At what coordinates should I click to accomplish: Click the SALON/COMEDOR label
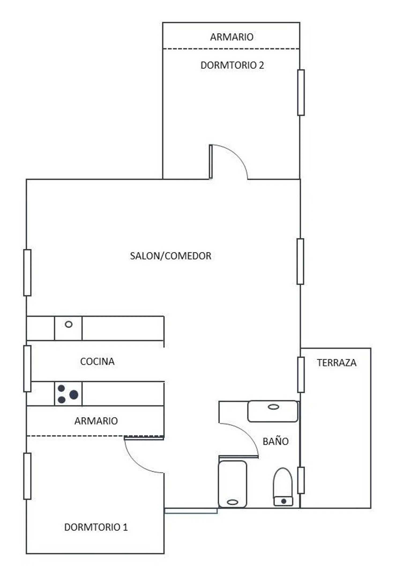click(x=171, y=256)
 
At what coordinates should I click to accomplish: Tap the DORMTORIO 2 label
click(x=232, y=65)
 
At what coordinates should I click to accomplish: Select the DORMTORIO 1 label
click(x=96, y=527)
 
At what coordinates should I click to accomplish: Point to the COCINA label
click(x=97, y=361)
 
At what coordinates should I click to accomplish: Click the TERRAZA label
click(x=337, y=362)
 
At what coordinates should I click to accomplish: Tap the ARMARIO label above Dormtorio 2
click(x=232, y=37)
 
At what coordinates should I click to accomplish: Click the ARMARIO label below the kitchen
click(x=96, y=421)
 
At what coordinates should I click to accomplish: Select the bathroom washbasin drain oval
click(x=273, y=407)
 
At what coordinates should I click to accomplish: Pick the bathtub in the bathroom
click(x=232, y=484)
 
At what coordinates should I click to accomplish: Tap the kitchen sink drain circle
click(x=69, y=324)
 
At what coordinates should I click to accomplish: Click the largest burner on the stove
click(x=74, y=395)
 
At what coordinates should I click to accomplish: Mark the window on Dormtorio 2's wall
click(x=301, y=92)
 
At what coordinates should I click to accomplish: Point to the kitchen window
click(x=27, y=369)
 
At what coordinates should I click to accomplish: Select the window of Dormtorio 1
click(x=27, y=476)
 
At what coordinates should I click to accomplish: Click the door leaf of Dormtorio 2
click(x=211, y=162)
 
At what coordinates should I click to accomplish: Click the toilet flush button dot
click(x=284, y=501)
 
